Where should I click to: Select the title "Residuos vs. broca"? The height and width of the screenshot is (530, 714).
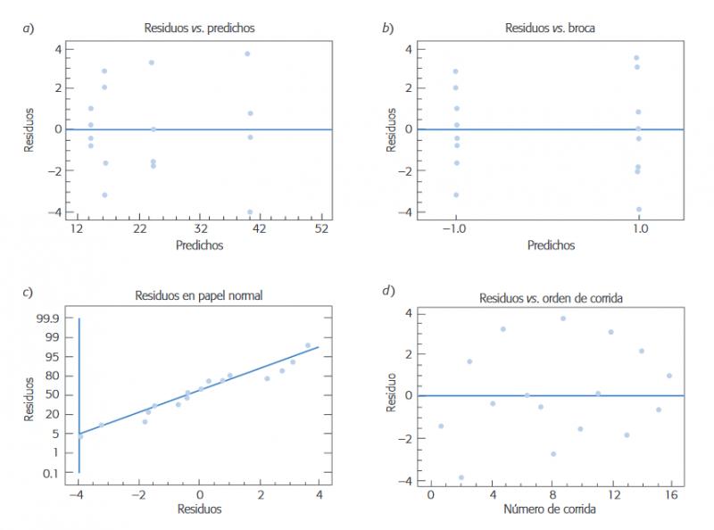(x=550, y=29)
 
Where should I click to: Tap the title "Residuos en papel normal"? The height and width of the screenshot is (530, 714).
(x=198, y=295)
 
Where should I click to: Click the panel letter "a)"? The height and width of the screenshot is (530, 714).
(x=29, y=29)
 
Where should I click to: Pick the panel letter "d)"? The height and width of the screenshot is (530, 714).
(x=388, y=291)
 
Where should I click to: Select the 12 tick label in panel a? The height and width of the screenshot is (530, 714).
(x=78, y=229)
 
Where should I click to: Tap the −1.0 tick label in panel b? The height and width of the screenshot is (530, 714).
(x=455, y=229)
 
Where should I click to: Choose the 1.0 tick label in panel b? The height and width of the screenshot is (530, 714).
(x=639, y=229)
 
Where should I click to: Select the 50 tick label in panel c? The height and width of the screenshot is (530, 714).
(x=58, y=393)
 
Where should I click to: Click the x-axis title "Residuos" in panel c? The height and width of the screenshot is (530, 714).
(x=200, y=509)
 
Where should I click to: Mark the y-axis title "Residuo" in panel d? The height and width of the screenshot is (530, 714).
(x=391, y=395)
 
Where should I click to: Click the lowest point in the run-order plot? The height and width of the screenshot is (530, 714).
(x=461, y=477)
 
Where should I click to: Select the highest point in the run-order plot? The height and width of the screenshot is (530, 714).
(x=563, y=319)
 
